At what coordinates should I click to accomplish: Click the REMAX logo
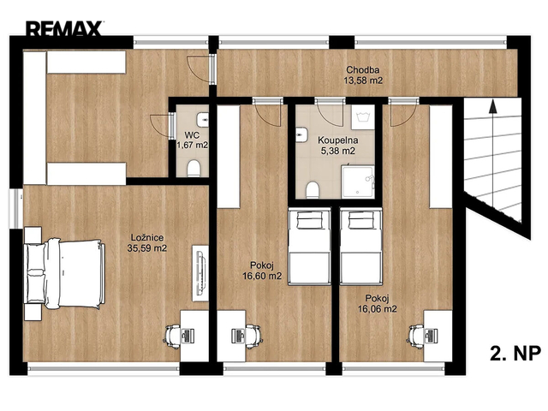click(64, 28)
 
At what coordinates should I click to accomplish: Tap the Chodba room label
click(363, 70)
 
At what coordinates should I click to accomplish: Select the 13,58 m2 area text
click(363, 80)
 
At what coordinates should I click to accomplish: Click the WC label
click(192, 134)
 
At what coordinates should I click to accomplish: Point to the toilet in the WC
click(194, 169)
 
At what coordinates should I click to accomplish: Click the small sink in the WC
click(203, 120)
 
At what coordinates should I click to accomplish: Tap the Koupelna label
click(338, 140)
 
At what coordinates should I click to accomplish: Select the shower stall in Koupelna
click(358, 182)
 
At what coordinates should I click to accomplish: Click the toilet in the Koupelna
click(313, 190)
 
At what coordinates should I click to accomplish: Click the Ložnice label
click(147, 238)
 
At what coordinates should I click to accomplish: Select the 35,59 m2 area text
click(147, 248)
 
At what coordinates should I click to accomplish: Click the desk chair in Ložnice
click(173, 337)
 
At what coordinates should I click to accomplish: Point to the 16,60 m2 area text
click(262, 276)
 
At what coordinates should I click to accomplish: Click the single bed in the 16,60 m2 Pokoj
click(309, 247)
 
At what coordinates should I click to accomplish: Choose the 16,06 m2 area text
click(378, 309)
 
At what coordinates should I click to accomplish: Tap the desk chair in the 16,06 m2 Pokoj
click(416, 337)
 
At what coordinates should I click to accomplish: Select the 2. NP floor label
click(515, 354)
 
